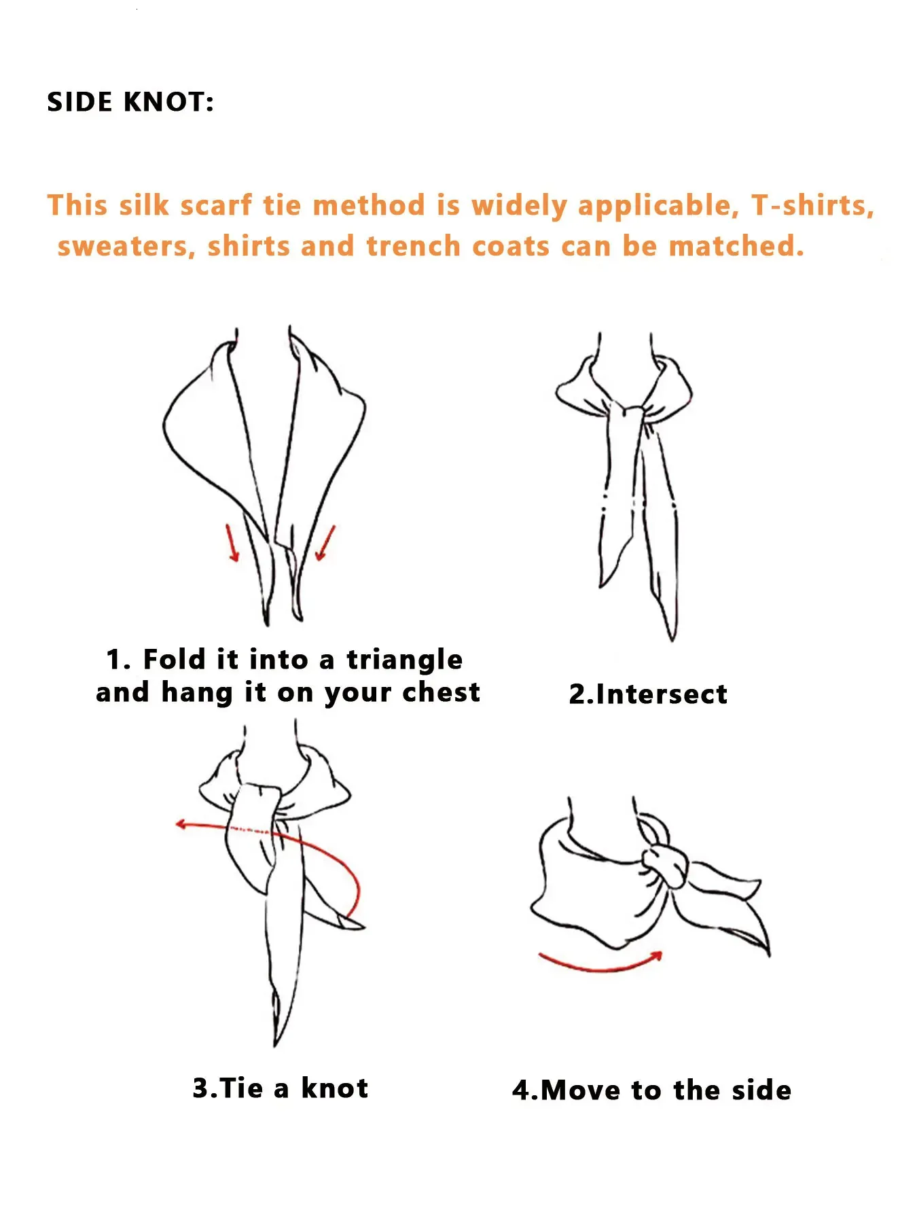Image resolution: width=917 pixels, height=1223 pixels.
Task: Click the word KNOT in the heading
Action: [x=168, y=102]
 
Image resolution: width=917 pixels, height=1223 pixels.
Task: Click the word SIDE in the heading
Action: [x=79, y=102]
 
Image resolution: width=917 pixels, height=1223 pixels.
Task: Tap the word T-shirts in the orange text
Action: [x=812, y=205]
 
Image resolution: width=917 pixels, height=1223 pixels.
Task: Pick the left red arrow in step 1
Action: [x=232, y=542]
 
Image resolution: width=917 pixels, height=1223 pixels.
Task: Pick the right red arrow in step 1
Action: [x=325, y=542]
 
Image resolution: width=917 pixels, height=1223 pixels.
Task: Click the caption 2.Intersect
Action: [x=648, y=694]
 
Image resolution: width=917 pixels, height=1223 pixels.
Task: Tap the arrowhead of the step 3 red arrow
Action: [x=180, y=824]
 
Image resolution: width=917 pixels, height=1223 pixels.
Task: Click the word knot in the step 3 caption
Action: [x=334, y=1088]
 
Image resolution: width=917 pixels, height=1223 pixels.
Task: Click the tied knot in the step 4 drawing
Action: [x=666, y=864]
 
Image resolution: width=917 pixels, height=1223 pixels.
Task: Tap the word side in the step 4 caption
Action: [x=761, y=1090]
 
